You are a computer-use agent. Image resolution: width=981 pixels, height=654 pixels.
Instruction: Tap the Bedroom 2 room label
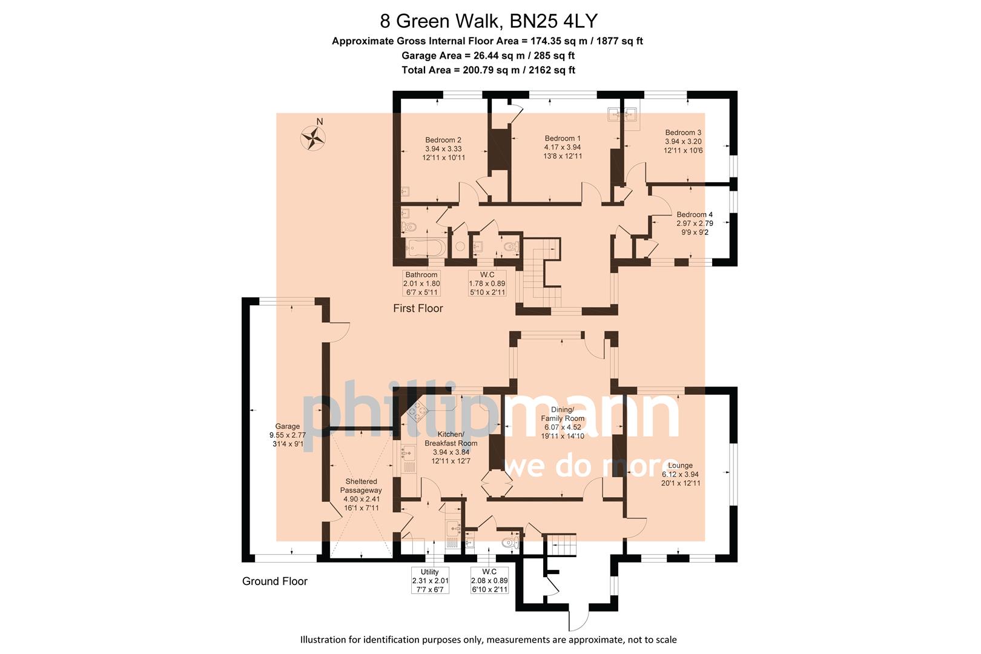click(x=443, y=140)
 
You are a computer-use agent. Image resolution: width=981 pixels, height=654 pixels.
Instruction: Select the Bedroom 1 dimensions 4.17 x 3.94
click(x=563, y=147)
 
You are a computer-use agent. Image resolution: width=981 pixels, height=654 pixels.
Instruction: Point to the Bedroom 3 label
click(x=683, y=133)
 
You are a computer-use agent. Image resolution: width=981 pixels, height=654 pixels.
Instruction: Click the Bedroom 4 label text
click(x=695, y=214)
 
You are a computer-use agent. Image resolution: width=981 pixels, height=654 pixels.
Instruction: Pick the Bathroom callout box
click(x=422, y=283)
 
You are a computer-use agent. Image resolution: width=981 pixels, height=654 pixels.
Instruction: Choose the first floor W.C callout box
click(x=487, y=283)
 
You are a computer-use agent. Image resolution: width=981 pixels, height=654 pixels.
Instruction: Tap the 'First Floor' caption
click(x=418, y=308)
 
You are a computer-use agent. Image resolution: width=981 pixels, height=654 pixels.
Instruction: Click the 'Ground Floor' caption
click(x=275, y=581)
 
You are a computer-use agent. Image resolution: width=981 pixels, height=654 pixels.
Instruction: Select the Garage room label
click(x=288, y=426)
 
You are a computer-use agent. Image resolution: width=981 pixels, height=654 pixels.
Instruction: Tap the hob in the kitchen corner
click(x=418, y=413)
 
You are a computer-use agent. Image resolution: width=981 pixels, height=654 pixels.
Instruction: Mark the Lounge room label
click(x=681, y=466)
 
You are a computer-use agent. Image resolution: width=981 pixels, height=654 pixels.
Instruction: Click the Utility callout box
click(x=430, y=580)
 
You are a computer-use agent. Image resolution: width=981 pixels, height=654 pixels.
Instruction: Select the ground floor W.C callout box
click(x=489, y=580)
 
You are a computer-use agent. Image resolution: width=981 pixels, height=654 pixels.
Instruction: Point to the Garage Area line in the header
click(x=488, y=56)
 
